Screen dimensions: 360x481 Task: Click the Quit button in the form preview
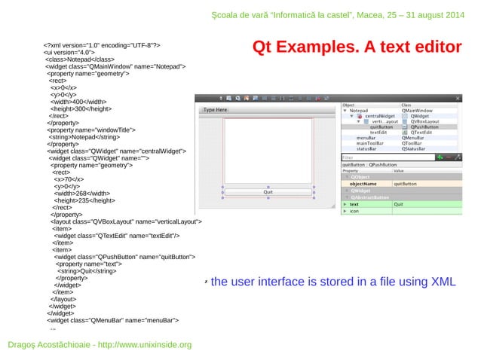tap(267, 192)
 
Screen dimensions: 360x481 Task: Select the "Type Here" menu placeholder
tap(216, 110)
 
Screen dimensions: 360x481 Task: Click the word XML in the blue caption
tap(443, 282)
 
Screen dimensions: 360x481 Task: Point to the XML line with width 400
tap(78, 101)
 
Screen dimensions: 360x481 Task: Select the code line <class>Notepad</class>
tap(79, 59)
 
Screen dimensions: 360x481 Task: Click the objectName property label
tap(363, 183)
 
